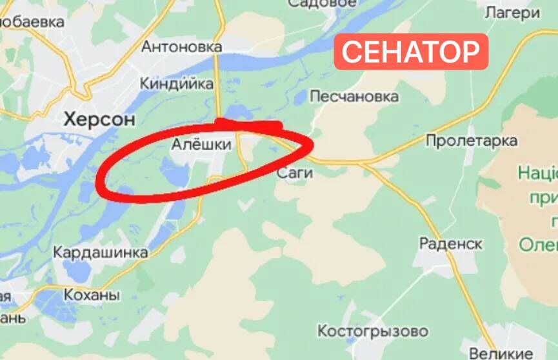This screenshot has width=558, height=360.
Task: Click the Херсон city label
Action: coord(99,119)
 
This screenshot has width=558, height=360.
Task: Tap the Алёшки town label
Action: coord(201,145)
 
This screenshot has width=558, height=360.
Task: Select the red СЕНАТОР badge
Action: coord(410,52)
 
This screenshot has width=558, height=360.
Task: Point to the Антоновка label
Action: coord(181,47)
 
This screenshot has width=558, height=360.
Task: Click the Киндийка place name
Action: coord(177,84)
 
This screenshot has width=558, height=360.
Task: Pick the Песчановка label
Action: coord(354,97)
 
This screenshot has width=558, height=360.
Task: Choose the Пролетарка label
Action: coord(472,141)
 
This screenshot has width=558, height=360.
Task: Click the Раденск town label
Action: coord(450,244)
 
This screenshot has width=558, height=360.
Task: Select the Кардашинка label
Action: coord(100,252)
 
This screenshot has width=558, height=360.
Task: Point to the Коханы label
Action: coord(92,295)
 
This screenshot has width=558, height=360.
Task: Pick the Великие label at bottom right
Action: coord(509,354)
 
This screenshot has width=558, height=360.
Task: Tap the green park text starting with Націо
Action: coord(538,173)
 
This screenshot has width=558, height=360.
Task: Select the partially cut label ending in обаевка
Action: coord(32,23)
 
